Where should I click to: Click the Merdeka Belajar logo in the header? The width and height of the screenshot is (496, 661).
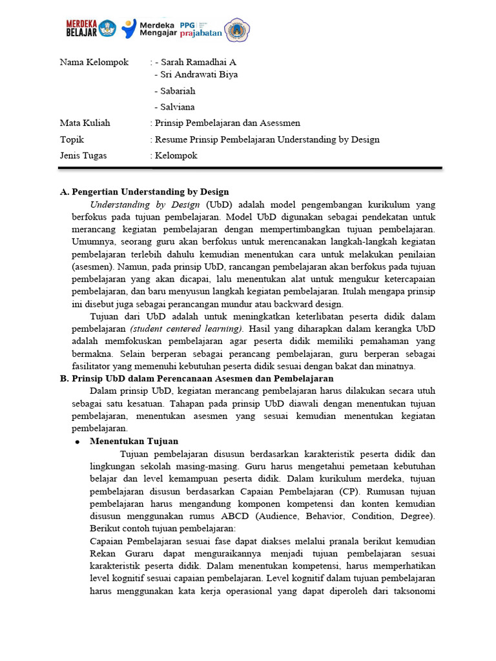(x=90, y=29)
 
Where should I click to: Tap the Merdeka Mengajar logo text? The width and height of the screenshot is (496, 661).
(x=164, y=29)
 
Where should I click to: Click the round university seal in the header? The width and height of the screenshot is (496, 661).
(x=237, y=30)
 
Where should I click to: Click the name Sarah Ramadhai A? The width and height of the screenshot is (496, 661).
(x=198, y=62)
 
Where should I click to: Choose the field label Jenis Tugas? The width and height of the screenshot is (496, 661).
(x=83, y=156)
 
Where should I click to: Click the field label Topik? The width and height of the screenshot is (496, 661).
(x=72, y=139)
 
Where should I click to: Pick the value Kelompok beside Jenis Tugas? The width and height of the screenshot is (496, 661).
(x=176, y=156)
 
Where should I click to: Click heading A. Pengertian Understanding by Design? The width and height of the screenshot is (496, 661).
(x=144, y=192)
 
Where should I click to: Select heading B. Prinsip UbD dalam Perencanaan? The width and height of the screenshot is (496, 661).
(x=196, y=378)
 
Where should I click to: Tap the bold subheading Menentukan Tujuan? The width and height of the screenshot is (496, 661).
(x=134, y=442)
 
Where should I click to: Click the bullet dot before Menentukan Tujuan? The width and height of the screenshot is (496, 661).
(x=77, y=442)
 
